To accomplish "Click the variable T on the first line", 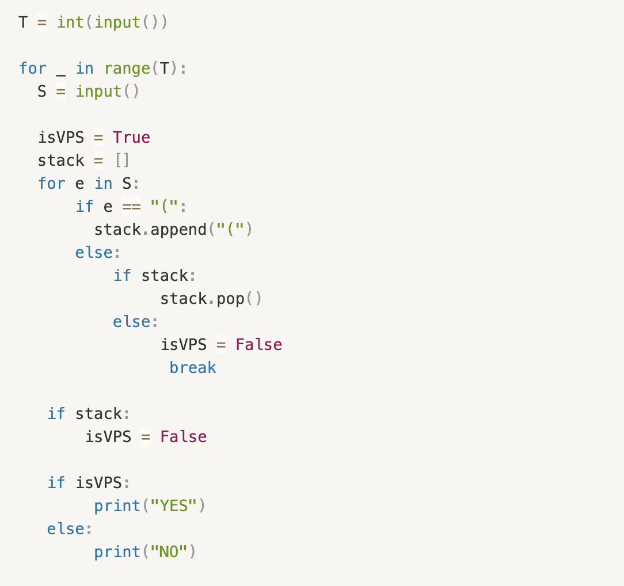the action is [x=23, y=22].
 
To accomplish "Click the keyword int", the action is [x=70, y=22].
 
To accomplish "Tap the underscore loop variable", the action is [x=61, y=72].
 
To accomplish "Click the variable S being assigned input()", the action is [x=42, y=92].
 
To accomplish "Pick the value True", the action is [x=131, y=138].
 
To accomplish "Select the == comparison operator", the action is [x=131, y=207].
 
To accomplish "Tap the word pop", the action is [x=231, y=299].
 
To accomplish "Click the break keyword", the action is [x=193, y=368].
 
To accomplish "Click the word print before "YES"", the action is [x=117, y=506].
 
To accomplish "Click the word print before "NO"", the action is [x=117, y=552].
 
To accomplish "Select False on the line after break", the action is [x=183, y=437].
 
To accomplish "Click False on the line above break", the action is [x=259, y=345].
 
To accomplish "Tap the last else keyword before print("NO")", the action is [x=66, y=529].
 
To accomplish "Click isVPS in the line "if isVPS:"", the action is [x=99, y=483].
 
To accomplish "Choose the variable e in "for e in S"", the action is [x=80, y=184].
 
